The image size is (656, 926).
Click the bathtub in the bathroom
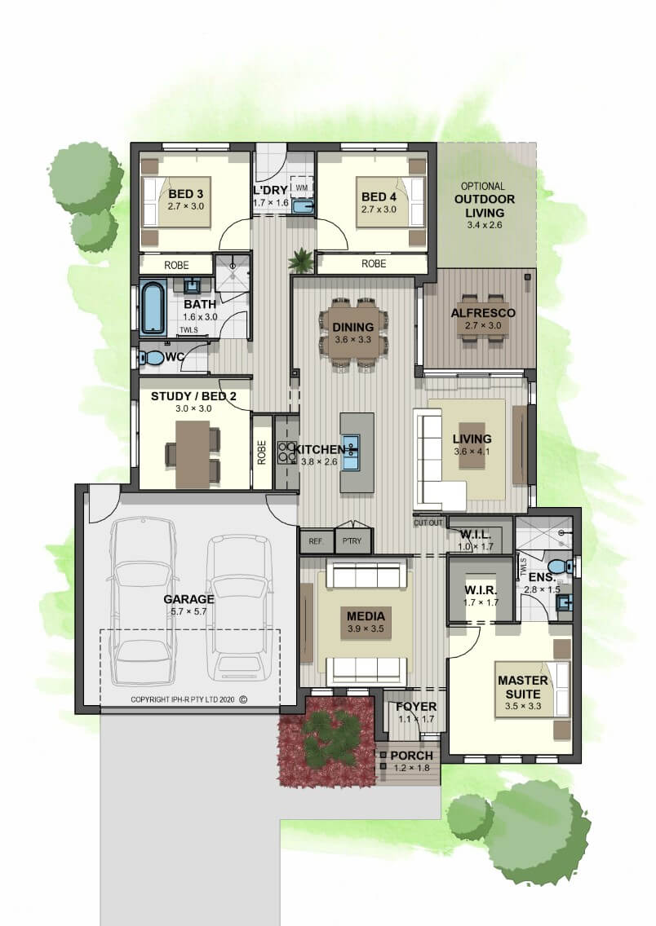(x=152, y=307)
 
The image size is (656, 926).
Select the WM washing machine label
(x=301, y=187)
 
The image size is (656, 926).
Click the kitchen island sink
(x=351, y=452)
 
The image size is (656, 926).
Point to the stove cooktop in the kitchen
(x=286, y=452)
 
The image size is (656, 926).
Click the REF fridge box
(x=316, y=541)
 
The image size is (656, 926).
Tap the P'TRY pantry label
(x=352, y=541)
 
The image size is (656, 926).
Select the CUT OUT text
(x=428, y=523)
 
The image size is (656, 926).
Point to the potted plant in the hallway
(x=301, y=260)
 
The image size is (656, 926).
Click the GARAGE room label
(x=188, y=599)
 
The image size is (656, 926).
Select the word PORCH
(x=412, y=756)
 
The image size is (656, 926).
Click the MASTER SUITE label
(x=523, y=687)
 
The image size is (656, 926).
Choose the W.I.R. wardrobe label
(x=481, y=590)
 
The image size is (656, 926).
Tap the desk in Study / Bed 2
(x=193, y=453)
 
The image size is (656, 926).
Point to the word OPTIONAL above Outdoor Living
(x=483, y=186)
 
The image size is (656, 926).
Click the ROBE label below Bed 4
(x=374, y=263)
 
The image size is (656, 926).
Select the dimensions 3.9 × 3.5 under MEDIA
(x=366, y=628)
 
